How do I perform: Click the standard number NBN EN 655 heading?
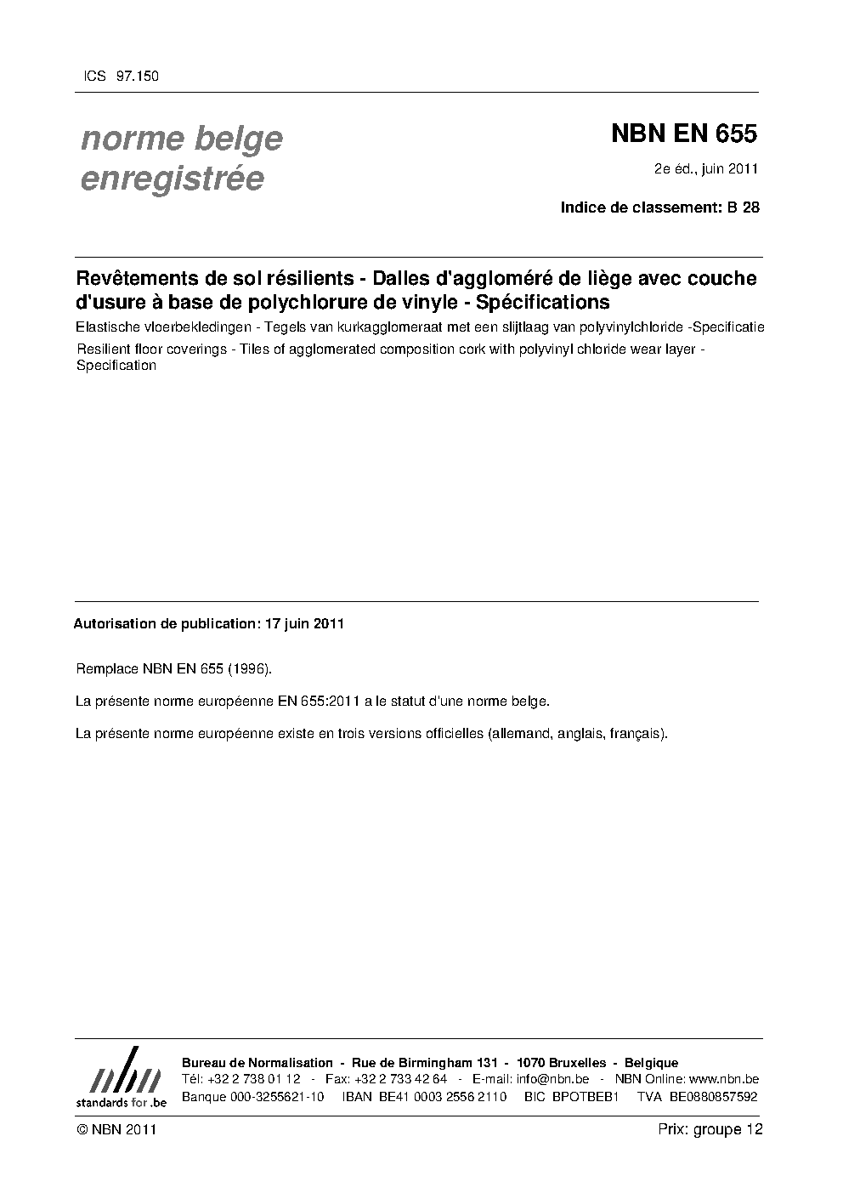click(683, 134)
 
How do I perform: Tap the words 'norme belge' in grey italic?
click(182, 139)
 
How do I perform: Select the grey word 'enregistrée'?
click(172, 179)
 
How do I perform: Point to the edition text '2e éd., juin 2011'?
click(705, 169)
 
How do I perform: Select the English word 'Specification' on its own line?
click(116, 366)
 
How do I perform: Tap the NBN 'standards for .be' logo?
click(121, 1079)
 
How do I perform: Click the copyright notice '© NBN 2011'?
click(116, 1129)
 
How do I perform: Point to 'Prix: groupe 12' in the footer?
click(710, 1129)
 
